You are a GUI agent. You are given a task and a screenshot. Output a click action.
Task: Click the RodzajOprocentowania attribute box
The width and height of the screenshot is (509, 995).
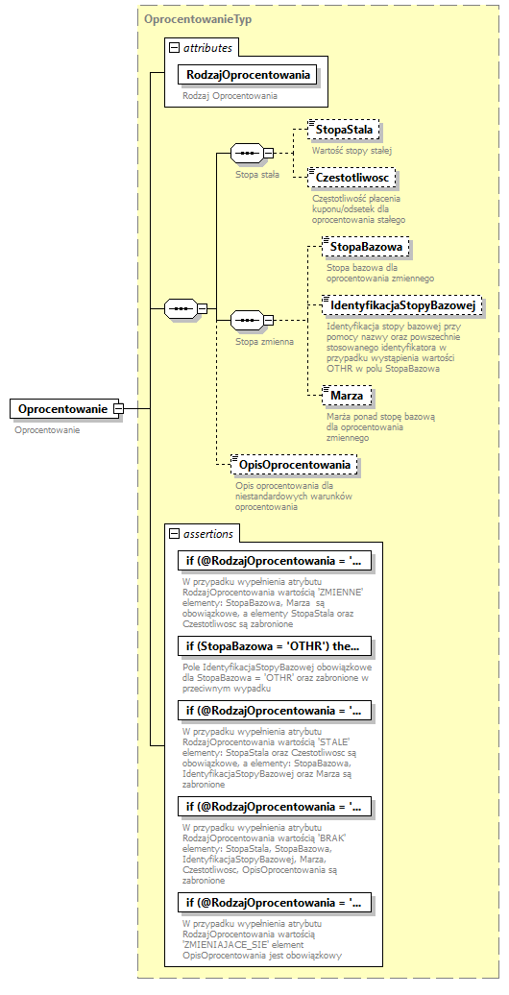pyautogui.click(x=248, y=74)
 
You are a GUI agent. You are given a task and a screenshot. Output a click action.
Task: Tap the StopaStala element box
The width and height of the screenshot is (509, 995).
pyautogui.click(x=345, y=130)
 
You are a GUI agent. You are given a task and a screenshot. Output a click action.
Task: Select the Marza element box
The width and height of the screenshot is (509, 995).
pyautogui.click(x=347, y=396)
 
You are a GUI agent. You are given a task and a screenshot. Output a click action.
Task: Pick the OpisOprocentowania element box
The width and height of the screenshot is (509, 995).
pyautogui.click(x=296, y=465)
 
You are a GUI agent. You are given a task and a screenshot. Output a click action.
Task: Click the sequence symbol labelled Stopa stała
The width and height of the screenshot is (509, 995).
pyautogui.click(x=248, y=153)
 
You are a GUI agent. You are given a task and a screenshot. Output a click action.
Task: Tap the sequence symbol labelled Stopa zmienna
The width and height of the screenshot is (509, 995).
pyautogui.click(x=248, y=318)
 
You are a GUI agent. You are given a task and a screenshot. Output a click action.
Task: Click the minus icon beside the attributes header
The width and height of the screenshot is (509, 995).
pyautogui.click(x=174, y=47)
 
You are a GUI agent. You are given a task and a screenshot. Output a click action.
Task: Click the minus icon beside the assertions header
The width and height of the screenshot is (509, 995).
pyautogui.click(x=174, y=533)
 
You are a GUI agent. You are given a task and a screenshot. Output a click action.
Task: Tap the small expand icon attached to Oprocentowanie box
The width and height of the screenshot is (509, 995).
pyautogui.click(x=119, y=409)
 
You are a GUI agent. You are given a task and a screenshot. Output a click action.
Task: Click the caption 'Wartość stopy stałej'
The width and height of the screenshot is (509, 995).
pyautogui.click(x=351, y=151)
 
